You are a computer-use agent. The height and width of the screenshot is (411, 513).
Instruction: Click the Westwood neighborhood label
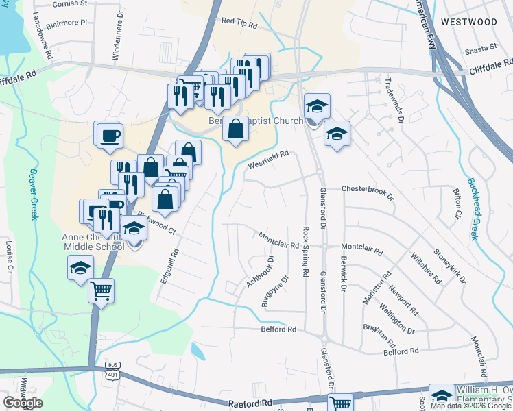click(x=469, y=22)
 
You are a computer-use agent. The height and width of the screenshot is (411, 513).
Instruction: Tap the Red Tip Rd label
click(x=239, y=23)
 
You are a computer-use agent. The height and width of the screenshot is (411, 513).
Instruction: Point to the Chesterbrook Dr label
click(x=368, y=190)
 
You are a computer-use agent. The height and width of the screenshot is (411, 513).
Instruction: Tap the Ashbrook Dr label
click(x=260, y=271)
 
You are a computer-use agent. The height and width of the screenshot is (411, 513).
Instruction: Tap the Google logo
click(x=23, y=403)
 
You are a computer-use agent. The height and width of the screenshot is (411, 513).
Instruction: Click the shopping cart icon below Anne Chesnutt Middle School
click(x=102, y=290)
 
